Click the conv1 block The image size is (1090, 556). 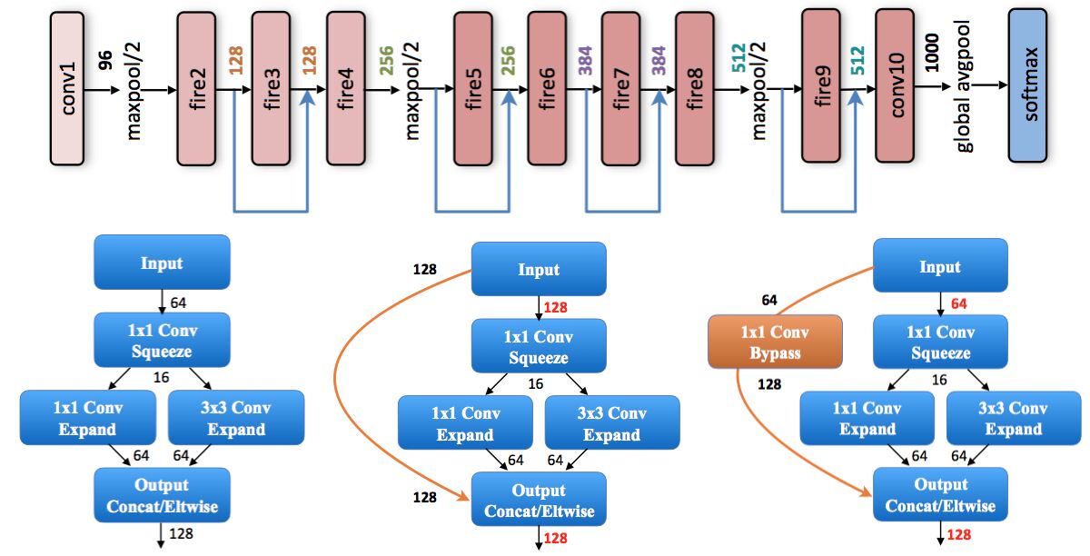click(x=67, y=89)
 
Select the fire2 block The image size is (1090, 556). click(x=196, y=89)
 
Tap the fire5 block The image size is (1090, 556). click(x=473, y=89)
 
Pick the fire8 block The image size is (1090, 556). click(x=695, y=89)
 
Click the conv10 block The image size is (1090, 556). click(x=895, y=85)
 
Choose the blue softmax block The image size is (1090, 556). click(x=1027, y=85)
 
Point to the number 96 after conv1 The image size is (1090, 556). click(x=105, y=60)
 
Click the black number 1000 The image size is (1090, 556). click(x=931, y=53)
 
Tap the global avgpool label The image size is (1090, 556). click(x=964, y=86)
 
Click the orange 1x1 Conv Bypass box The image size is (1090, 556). click(x=775, y=342)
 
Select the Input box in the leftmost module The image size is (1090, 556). click(x=162, y=263)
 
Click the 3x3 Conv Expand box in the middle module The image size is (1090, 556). click(x=612, y=422)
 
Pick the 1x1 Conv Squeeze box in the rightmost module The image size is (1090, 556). click(x=941, y=342)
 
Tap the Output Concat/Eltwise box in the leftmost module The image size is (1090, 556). click(x=162, y=495)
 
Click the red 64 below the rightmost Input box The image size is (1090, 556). click(x=958, y=303)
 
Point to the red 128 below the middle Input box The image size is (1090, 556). click(x=556, y=308)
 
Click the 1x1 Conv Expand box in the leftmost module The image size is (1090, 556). click(x=88, y=418)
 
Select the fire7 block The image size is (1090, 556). click(x=621, y=89)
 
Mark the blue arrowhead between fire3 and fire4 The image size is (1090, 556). click(x=307, y=97)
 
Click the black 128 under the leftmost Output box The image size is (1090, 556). click(x=181, y=533)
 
